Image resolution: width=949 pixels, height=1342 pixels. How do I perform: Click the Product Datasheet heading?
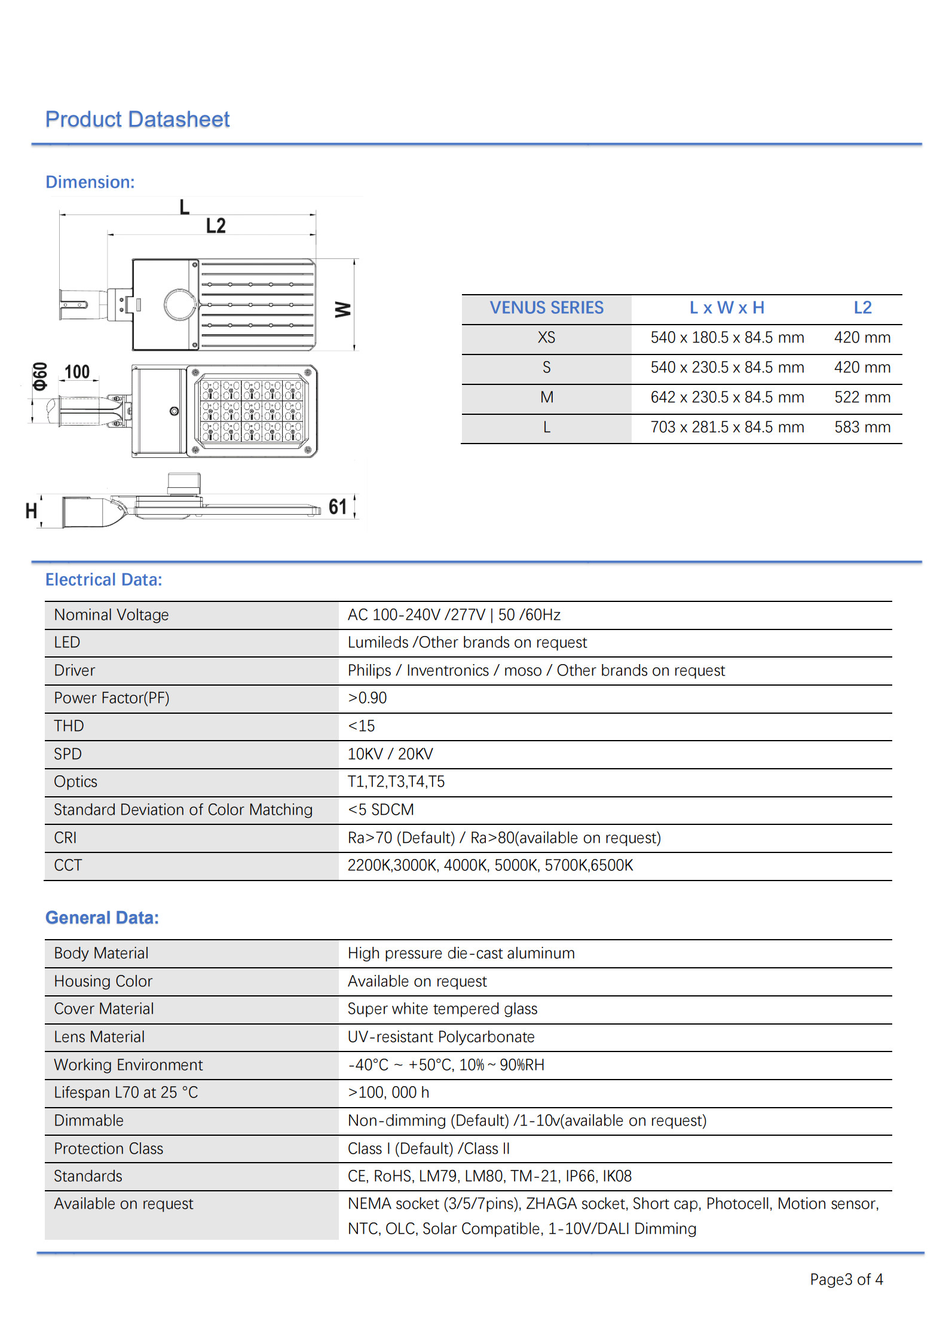point(137,120)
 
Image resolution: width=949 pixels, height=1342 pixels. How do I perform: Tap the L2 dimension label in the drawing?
point(216,226)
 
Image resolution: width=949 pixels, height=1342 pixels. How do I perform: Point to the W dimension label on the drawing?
point(342,309)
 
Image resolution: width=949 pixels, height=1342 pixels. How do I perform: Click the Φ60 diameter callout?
point(40,376)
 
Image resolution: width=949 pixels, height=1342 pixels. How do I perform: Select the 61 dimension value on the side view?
point(338,507)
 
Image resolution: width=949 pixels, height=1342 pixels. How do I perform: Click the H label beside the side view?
point(31,511)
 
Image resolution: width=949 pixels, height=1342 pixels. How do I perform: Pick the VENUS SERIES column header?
point(546,308)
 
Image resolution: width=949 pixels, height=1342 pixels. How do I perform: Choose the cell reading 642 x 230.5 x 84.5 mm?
point(727,398)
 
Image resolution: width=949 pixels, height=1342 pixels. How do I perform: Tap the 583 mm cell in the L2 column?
point(862,427)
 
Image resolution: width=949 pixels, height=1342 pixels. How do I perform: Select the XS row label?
point(546,338)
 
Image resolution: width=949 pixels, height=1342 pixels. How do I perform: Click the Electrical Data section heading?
point(104,580)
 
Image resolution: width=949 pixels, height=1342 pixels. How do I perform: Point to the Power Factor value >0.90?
point(367,698)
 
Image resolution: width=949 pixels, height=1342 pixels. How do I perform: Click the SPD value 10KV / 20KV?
point(390,754)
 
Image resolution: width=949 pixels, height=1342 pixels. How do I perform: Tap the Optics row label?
point(75,782)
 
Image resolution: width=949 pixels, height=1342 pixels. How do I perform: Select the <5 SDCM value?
point(381,810)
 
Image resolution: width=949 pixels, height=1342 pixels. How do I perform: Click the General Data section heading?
point(102,918)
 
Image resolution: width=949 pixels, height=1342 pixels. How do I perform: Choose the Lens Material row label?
point(99,1037)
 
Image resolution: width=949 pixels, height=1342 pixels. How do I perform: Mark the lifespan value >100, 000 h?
point(388,1093)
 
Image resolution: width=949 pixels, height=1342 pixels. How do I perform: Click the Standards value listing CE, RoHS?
point(489,1176)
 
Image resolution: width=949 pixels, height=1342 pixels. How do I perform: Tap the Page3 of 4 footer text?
point(846,1279)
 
